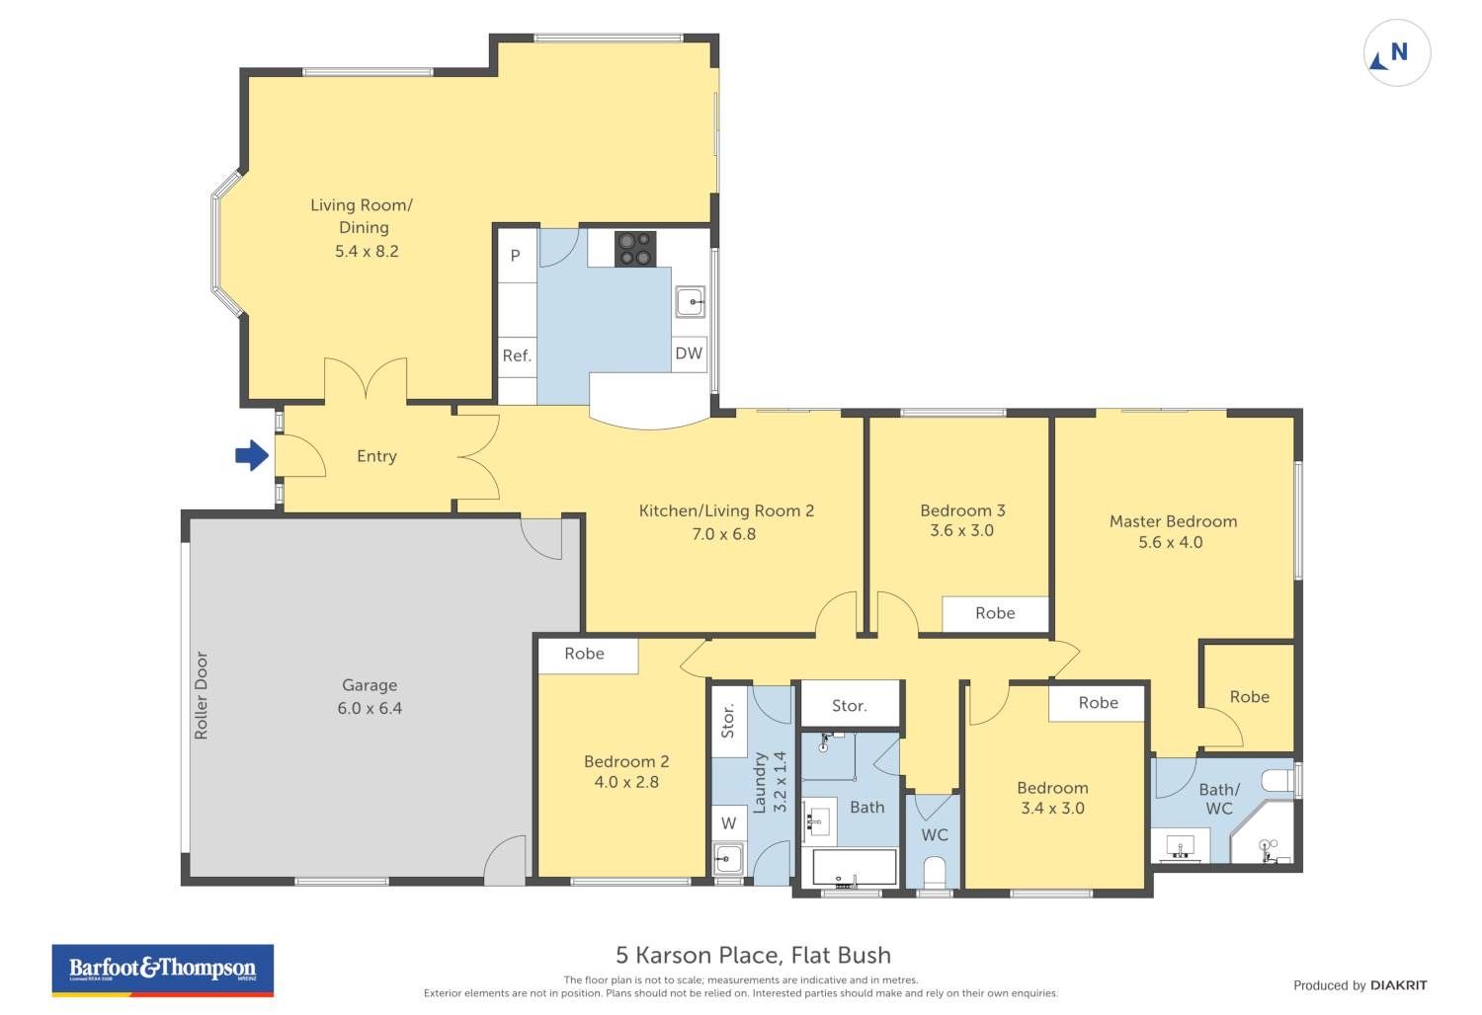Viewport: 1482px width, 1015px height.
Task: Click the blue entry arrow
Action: point(252,455)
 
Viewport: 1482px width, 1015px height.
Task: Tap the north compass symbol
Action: point(1397,53)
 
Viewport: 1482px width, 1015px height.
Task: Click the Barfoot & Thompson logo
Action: point(163,970)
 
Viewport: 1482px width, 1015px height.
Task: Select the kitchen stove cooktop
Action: point(635,249)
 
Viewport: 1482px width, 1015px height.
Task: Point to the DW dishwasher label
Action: point(689,353)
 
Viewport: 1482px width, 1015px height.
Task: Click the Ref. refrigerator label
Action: point(517,355)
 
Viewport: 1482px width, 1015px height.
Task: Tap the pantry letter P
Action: point(516,256)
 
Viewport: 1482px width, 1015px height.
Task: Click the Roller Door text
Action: point(202,695)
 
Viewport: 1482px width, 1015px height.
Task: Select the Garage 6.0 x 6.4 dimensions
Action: point(370,708)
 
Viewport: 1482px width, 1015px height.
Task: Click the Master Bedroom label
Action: point(1173,521)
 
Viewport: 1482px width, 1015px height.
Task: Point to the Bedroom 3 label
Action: point(962,510)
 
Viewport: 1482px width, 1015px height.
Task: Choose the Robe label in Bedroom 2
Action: point(584,654)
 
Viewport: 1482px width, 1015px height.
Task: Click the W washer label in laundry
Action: point(728,823)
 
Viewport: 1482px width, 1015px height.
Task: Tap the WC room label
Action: point(935,835)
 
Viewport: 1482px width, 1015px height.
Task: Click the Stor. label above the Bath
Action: point(850,706)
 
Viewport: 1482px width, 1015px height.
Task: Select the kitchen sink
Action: point(690,302)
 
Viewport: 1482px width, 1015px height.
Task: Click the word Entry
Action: point(376,456)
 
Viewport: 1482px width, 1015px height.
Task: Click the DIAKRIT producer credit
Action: point(1399,985)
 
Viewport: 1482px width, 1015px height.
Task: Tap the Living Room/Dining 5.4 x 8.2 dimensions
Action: point(367,251)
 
